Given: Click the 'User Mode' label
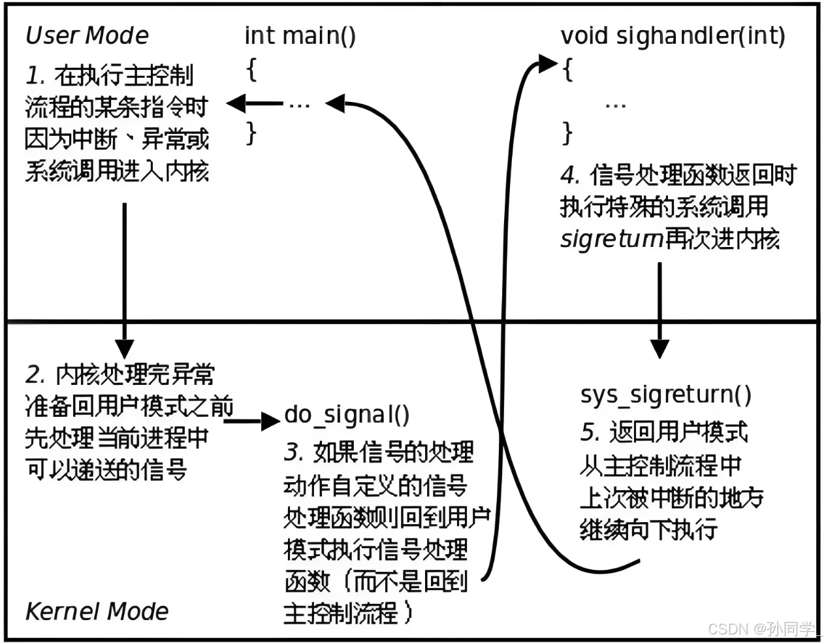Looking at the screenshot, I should [x=86, y=35].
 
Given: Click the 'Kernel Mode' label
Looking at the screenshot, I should [x=97, y=612].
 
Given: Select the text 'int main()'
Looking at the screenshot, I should [x=300, y=35].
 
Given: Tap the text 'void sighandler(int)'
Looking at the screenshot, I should [x=673, y=35].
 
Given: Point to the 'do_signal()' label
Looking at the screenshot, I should [x=347, y=414].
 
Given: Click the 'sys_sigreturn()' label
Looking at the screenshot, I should [x=665, y=395].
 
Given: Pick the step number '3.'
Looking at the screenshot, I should [x=294, y=452].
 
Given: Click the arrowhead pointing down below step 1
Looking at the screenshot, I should [x=124, y=348].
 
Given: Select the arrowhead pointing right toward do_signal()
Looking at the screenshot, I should [x=270, y=420].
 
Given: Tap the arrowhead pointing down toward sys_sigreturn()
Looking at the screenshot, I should [x=659, y=348].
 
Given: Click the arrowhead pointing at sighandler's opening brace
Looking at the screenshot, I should [x=547, y=63].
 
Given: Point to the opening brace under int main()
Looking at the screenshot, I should [x=251, y=69].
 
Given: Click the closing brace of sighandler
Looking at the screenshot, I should [x=567, y=133].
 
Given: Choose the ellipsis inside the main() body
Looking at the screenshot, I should [x=299, y=105].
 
